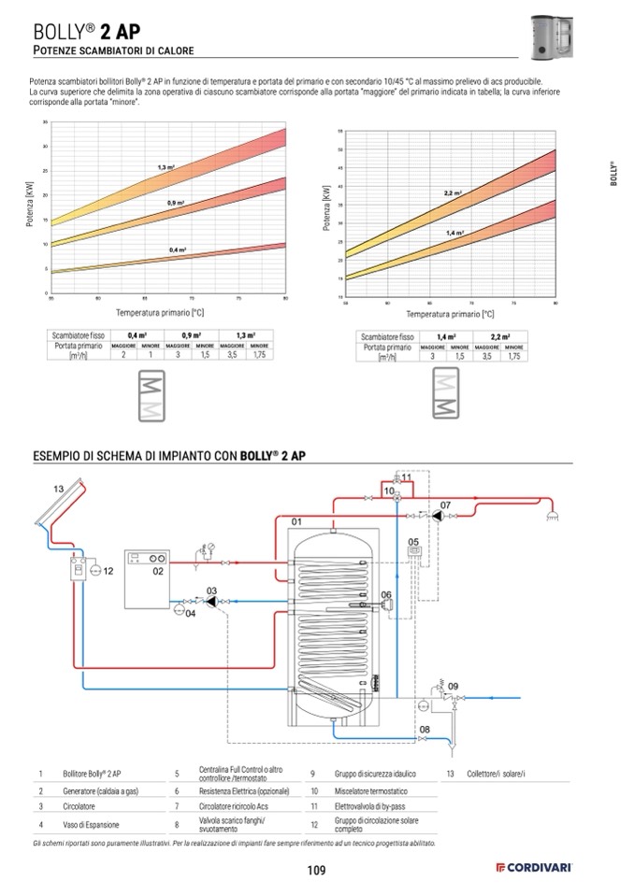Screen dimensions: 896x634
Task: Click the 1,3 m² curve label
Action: point(166,166)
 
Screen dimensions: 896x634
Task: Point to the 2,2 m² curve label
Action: point(453,193)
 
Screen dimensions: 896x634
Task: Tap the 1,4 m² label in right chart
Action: point(455,233)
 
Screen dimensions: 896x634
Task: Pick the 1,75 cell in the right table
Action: point(512,356)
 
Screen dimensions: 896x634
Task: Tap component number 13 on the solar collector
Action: point(58,489)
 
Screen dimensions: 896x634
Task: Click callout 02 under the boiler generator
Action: point(158,570)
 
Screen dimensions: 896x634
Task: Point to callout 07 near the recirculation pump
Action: point(445,505)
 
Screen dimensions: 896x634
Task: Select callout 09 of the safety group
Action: point(454,687)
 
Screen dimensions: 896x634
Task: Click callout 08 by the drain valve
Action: point(425,729)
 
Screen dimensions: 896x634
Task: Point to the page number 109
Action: point(316,871)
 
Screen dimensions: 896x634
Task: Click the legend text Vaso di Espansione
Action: point(92,824)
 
